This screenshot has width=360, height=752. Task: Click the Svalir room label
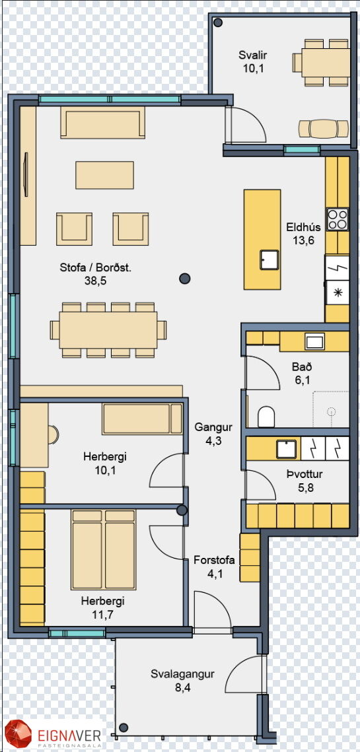pyautogui.click(x=252, y=55)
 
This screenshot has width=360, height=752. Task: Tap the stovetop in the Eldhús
pyautogui.click(x=338, y=219)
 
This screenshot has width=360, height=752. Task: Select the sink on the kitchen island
pyautogui.click(x=268, y=259)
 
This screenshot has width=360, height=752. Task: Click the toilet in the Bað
pyautogui.click(x=266, y=417)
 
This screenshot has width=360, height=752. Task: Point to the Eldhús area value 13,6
pyautogui.click(x=303, y=240)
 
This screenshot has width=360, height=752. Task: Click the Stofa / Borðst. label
pyautogui.click(x=96, y=267)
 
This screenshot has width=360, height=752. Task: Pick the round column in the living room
pyautogui.click(x=185, y=278)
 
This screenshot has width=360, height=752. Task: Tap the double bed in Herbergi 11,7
pyautogui.click(x=103, y=549)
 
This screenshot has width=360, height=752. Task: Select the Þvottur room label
pyautogui.click(x=304, y=475)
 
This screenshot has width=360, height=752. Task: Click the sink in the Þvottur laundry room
pyautogui.click(x=287, y=449)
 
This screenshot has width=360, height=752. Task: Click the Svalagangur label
pyautogui.click(x=182, y=674)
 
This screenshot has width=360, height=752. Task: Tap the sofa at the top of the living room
pyautogui.click(x=102, y=122)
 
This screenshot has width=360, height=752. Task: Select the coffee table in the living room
pyautogui.click(x=104, y=175)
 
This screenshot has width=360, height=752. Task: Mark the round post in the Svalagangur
pyautogui.click(x=124, y=728)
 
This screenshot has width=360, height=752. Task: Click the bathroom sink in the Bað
pyautogui.click(x=315, y=342)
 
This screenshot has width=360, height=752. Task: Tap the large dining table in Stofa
pyautogui.click(x=108, y=330)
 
